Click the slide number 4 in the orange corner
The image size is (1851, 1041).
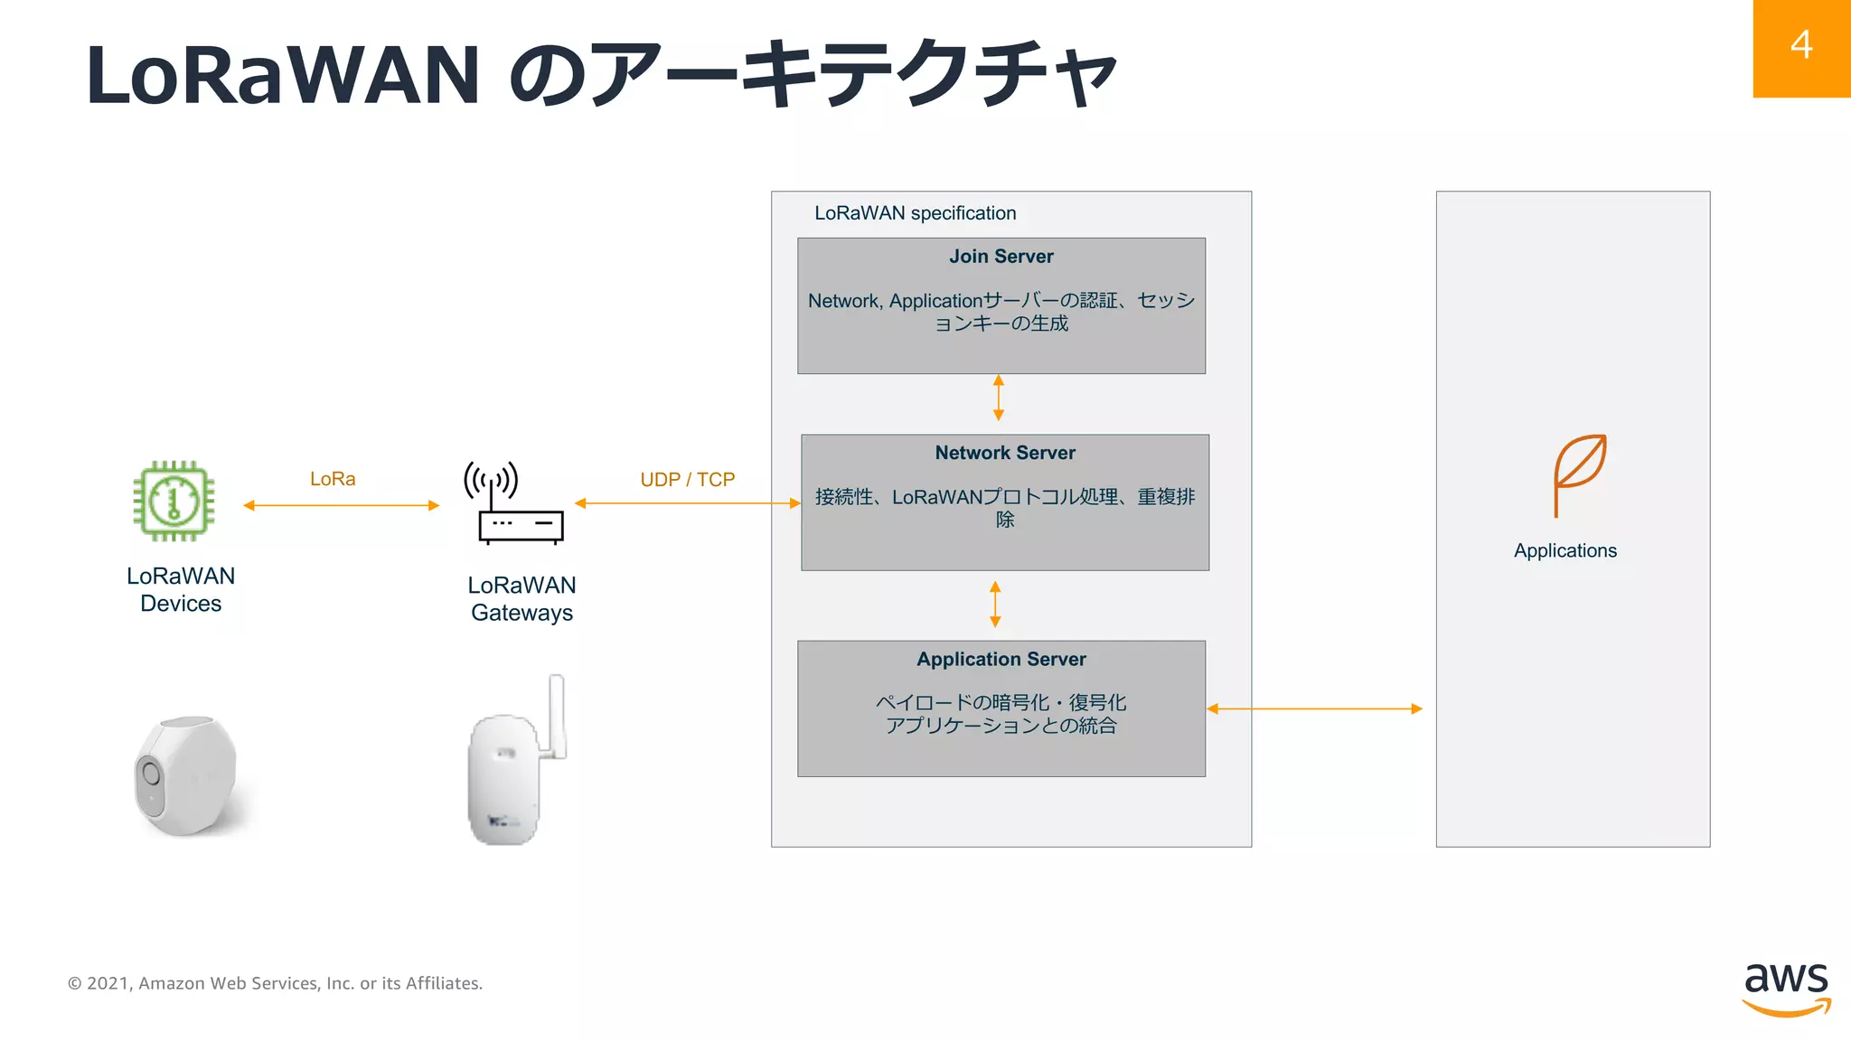click(1800, 45)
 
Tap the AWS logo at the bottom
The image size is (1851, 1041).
click(1786, 989)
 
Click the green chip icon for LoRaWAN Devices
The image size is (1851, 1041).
click(174, 501)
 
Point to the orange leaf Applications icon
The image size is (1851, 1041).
click(1578, 474)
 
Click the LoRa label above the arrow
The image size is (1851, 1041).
click(333, 479)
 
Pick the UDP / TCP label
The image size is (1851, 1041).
click(687, 480)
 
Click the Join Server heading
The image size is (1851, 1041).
click(1001, 257)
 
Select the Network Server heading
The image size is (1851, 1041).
click(1005, 453)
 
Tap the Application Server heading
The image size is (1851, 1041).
click(1001, 660)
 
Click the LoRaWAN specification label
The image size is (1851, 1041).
click(915, 213)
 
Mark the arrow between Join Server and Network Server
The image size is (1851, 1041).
click(999, 398)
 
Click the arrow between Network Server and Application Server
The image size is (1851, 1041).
click(995, 605)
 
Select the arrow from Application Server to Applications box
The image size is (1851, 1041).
click(1315, 709)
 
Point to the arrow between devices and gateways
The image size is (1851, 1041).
click(342, 505)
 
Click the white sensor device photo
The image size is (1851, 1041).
click(188, 775)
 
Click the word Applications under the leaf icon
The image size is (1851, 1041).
click(1564, 551)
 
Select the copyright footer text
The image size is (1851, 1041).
click(275, 983)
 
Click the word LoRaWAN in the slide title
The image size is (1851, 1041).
click(282, 76)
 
